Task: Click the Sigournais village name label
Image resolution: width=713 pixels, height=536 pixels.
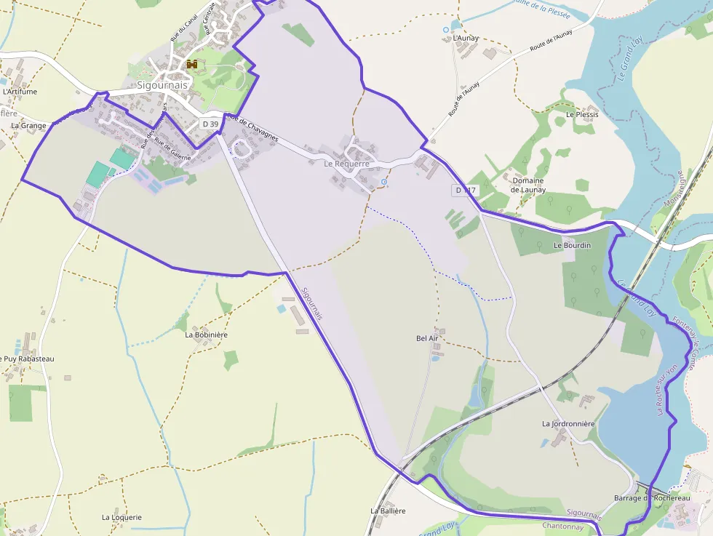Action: click(162, 84)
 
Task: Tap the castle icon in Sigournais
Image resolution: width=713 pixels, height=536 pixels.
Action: click(192, 65)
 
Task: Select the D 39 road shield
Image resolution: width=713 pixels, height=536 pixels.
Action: click(210, 124)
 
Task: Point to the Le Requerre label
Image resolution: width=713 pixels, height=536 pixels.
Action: click(347, 164)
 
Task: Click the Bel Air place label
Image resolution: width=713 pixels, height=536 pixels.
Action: click(427, 338)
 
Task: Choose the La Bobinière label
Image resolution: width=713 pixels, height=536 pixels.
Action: click(206, 335)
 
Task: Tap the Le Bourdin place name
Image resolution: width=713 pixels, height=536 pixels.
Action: click(573, 246)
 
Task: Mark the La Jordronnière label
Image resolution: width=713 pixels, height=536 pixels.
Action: click(568, 424)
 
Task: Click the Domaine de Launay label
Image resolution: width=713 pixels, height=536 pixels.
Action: click(528, 185)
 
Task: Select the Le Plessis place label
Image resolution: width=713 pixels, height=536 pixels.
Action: click(582, 115)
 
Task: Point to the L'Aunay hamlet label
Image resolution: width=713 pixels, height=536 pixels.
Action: click(465, 37)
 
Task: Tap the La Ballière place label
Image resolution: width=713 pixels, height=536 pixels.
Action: click(388, 511)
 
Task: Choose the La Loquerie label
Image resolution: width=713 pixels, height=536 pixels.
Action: click(122, 518)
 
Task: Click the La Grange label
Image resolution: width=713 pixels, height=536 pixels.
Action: click(28, 126)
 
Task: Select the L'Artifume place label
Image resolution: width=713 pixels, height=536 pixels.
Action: click(20, 92)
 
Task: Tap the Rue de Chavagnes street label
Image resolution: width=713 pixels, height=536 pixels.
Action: click(252, 128)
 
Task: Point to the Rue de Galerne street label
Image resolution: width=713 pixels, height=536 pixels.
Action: click(172, 152)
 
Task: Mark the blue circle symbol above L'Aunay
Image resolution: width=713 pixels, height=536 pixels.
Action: click(446, 30)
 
